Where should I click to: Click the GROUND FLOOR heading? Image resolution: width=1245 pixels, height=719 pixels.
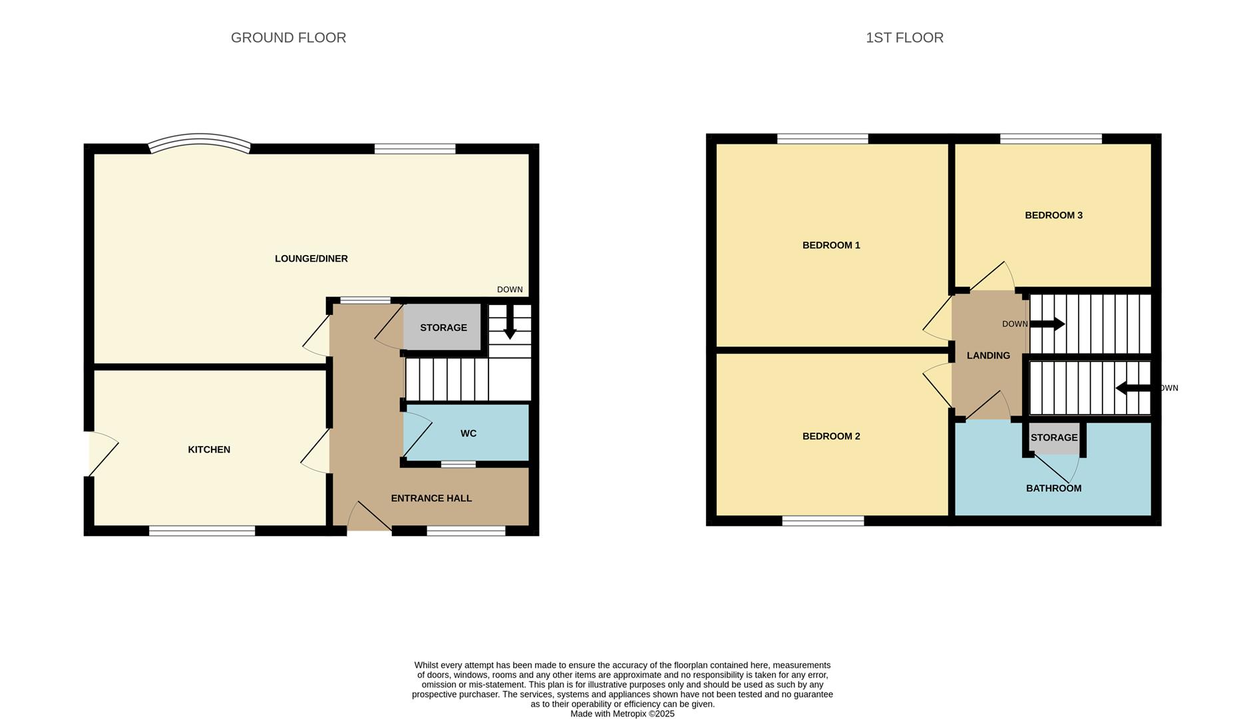pos(288,38)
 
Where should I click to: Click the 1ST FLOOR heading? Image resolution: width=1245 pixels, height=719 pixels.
pos(904,38)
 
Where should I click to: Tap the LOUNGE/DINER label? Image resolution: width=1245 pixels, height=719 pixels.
pos(311,258)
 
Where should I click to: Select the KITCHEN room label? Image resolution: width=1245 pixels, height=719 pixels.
pos(209,449)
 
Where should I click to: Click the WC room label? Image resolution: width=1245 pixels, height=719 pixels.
pos(468,433)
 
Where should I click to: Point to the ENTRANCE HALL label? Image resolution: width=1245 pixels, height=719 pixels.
pos(431,498)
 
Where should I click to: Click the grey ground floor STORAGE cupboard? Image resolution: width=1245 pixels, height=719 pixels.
pos(443,327)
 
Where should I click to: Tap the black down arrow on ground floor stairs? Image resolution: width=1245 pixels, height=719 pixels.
pos(510,324)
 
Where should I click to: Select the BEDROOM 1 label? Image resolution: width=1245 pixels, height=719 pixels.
pos(831,245)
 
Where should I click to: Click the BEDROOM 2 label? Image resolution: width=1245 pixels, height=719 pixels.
pos(831,436)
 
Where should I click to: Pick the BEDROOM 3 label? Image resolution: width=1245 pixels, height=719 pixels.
pos(1053,215)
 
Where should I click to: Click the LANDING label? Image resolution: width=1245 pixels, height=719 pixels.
pos(988,356)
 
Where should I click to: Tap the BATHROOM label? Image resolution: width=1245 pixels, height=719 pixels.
pos(1053,488)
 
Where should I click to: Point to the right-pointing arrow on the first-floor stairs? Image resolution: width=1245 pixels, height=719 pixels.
pos(1048,324)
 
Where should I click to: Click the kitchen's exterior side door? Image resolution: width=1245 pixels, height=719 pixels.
pos(102,453)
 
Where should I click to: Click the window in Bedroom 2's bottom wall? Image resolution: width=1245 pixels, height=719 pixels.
pos(822,521)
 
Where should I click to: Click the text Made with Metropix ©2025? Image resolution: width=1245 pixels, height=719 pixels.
pos(622,714)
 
